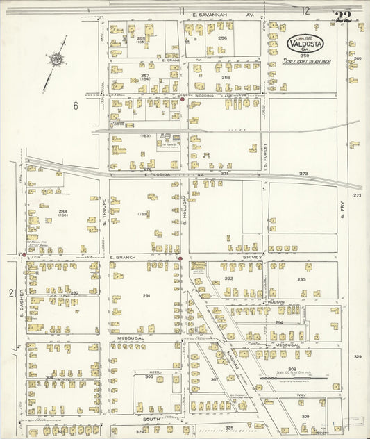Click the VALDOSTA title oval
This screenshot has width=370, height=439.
(x=305, y=44)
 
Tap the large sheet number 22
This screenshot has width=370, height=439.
(x=342, y=17)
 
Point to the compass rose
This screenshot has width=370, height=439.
(x=55, y=60)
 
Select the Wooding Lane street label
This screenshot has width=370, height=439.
(x=204, y=96)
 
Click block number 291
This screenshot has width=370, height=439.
(x=146, y=296)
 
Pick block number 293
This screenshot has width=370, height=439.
(x=301, y=279)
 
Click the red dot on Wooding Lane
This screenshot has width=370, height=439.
(x=183, y=99)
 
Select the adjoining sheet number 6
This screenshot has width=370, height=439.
(x=74, y=106)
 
